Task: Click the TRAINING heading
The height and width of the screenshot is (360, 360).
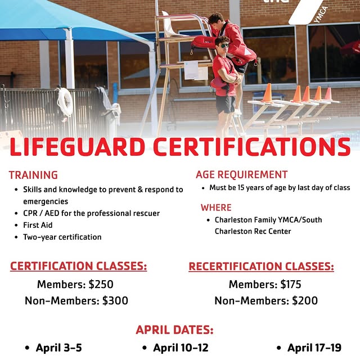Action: (33, 175)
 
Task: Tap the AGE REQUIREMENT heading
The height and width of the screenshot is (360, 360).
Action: (241, 174)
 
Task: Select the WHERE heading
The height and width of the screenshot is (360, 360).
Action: (216, 208)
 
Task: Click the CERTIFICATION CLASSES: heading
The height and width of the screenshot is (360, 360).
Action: (79, 265)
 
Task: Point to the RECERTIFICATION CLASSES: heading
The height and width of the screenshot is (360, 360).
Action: (261, 266)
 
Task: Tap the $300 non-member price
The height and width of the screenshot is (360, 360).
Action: (115, 301)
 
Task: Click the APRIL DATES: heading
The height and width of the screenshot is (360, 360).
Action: (174, 330)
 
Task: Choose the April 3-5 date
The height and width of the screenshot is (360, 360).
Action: (59, 348)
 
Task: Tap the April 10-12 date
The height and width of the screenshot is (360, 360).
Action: (181, 348)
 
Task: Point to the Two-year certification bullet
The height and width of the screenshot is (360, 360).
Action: (62, 237)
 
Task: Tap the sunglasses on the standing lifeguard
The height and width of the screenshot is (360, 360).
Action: (223, 45)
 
